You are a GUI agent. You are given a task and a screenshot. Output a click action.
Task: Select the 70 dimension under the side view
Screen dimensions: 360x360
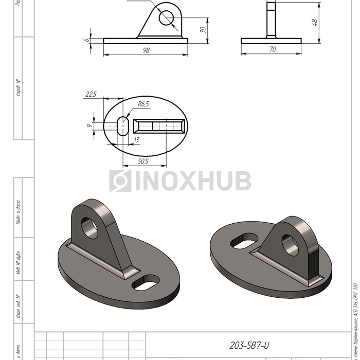click(272, 49)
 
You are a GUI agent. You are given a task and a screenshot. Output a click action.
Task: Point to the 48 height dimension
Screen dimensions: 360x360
click(315, 22)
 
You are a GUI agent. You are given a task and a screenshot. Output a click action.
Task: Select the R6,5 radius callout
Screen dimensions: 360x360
click(143, 104)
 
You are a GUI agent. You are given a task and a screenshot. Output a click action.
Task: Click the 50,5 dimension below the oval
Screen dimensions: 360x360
click(144, 161)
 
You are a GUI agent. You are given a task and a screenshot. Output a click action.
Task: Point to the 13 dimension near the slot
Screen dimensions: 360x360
click(136, 140)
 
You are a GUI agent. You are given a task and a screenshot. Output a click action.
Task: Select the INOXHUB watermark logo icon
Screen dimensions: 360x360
click(120, 181)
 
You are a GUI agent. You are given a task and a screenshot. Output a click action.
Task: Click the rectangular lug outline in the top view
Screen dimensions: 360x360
click(159, 125)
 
